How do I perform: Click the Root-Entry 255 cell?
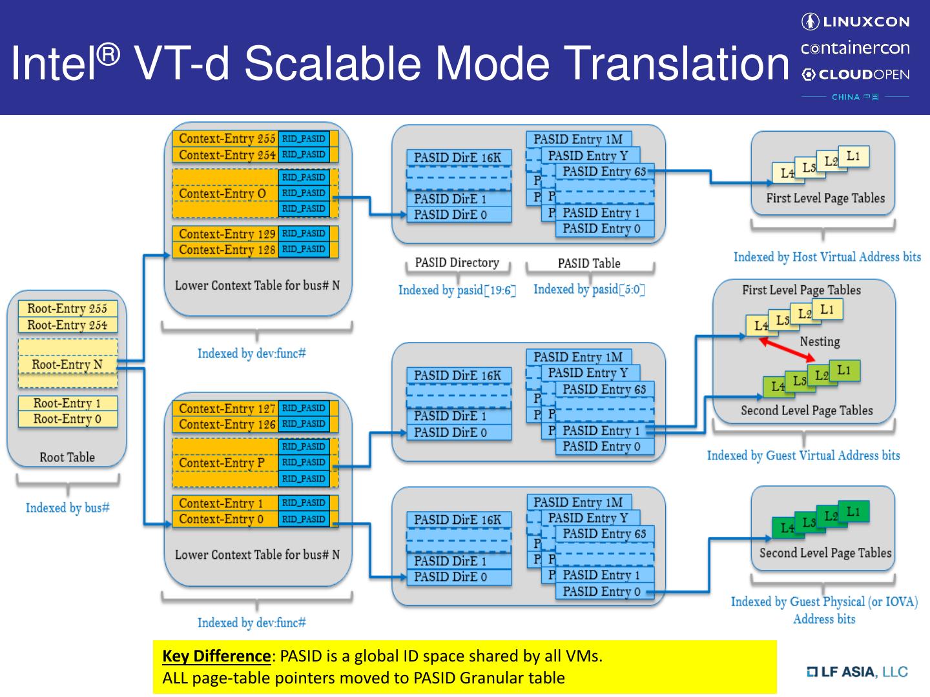tap(67, 308)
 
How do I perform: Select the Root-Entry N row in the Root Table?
tap(67, 365)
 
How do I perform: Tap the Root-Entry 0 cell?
tap(67, 419)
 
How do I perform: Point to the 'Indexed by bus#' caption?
tap(67, 508)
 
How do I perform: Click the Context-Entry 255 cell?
tap(226, 139)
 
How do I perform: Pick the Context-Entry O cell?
tap(222, 194)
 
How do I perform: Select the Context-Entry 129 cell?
tap(226, 234)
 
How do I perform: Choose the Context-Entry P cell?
tap(222, 463)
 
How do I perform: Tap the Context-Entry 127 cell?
tap(226, 409)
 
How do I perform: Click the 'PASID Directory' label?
tap(457, 263)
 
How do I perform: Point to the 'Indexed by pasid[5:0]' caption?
tap(589, 289)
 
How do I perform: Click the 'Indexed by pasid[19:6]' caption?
tap(457, 290)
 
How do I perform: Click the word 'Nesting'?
tap(820, 341)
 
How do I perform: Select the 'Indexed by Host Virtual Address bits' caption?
tap(827, 257)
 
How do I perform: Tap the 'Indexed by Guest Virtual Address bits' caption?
tap(803, 456)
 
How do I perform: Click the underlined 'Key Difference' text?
tap(216, 656)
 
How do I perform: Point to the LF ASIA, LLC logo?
tap(857, 672)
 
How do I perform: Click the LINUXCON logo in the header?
tap(855, 22)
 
